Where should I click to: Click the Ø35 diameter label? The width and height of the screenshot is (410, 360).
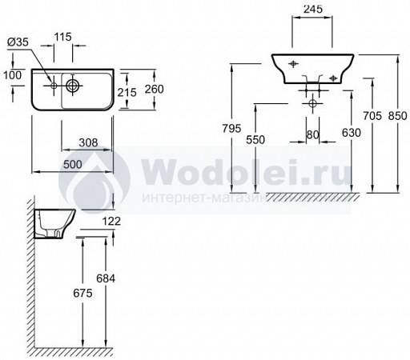click(x=18, y=42)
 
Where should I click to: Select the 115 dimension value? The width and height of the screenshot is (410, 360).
click(x=63, y=37)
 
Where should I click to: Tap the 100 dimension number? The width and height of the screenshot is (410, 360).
click(x=12, y=75)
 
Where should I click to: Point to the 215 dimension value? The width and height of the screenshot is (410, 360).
click(x=127, y=93)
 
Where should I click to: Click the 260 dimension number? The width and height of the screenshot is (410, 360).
click(x=155, y=89)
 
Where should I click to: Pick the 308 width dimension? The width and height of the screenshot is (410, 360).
click(x=88, y=143)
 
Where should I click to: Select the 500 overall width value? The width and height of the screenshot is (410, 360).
click(x=73, y=165)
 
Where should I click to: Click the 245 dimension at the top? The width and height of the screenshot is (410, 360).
click(x=313, y=9)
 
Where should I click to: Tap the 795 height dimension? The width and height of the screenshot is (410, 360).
click(x=231, y=129)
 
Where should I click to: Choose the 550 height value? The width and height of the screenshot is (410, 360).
click(x=255, y=140)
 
